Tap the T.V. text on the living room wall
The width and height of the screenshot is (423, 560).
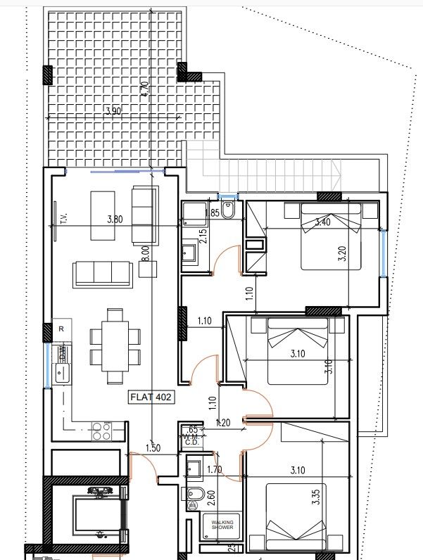tap(63, 219)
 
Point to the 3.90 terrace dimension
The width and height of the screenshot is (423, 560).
tap(113, 111)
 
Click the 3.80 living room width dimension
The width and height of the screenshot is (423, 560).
tap(114, 219)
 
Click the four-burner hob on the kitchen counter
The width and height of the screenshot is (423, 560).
tap(102, 431)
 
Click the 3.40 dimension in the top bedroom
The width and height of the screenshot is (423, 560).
tap(322, 222)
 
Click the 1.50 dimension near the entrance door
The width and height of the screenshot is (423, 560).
tap(153, 447)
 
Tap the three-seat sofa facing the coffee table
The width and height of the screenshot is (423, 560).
tap(103, 273)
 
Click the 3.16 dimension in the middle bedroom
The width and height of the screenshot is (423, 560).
tap(328, 366)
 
